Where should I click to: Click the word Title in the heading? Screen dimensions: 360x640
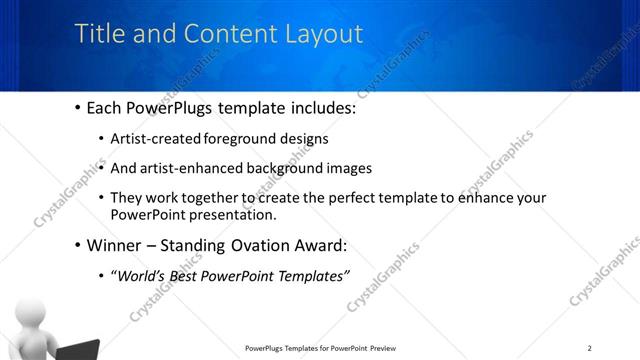click(98, 34)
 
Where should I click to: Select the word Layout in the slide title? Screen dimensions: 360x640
click(319, 34)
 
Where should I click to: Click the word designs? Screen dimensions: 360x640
click(304, 138)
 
